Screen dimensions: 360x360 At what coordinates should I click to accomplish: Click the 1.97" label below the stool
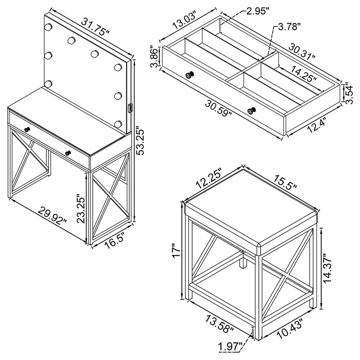tap(230, 346)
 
